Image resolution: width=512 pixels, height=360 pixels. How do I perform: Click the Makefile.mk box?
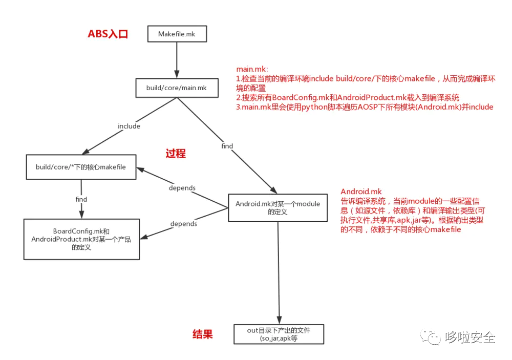176,34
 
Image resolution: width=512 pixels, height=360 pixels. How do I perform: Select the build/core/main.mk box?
176,88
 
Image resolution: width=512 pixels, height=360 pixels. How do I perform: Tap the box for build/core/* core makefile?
81,167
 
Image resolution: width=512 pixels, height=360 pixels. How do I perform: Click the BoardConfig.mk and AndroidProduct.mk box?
81,239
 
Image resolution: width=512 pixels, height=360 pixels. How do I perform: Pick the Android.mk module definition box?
278,207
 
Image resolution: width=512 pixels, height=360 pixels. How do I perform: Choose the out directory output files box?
279,334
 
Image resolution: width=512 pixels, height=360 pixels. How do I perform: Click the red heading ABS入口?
108,34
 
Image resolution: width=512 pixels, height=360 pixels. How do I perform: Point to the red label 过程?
176,153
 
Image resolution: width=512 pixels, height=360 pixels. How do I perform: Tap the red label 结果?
202,334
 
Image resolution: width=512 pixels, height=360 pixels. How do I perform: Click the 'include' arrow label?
129,126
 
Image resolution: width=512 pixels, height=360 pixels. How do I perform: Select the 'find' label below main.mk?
227,146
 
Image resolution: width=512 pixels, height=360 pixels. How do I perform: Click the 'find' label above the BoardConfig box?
81,199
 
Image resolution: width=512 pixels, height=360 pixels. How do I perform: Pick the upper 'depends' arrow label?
182,188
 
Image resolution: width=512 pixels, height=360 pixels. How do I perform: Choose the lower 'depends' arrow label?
183,224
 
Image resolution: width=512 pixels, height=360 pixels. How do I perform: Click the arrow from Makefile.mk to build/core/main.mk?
176,60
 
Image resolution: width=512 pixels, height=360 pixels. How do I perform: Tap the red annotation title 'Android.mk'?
361,192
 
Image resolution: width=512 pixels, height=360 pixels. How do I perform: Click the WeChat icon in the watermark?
430,336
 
